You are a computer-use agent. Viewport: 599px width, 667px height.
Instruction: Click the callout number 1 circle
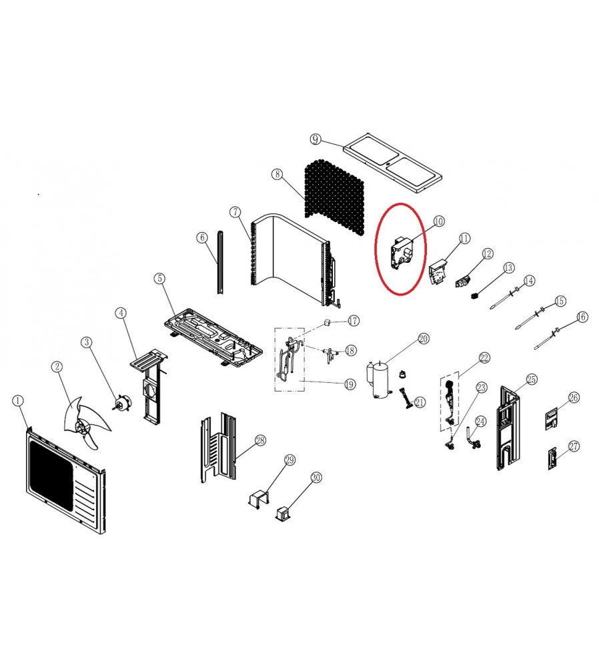[x=18, y=401]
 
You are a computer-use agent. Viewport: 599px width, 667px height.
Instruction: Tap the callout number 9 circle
[x=316, y=139]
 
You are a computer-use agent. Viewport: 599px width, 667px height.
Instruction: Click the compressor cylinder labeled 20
[x=380, y=380]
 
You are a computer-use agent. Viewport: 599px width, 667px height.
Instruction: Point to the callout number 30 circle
[x=316, y=478]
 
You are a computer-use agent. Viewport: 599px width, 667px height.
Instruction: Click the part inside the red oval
[x=402, y=254]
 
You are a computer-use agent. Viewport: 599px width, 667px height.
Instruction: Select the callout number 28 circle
[x=260, y=441]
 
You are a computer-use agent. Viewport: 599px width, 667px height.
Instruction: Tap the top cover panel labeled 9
[x=393, y=163]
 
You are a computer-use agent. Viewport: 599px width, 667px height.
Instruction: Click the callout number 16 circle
[x=582, y=317]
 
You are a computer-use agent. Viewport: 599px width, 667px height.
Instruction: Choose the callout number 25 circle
[x=532, y=380]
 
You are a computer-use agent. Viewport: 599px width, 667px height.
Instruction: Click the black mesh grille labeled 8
[x=335, y=197]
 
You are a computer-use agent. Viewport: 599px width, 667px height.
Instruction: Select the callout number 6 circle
[x=203, y=237]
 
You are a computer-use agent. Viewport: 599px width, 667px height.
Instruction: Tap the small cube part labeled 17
[x=327, y=322]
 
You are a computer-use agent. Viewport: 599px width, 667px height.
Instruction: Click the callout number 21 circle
[x=420, y=402]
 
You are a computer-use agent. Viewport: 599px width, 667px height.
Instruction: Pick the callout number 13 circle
[x=509, y=267]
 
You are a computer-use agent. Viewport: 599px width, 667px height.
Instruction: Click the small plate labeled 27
[x=552, y=459]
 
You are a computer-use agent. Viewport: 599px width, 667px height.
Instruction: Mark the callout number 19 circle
[x=350, y=385]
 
